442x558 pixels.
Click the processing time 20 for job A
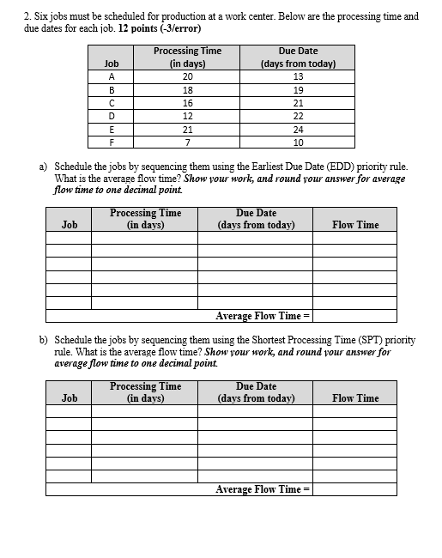pyautogui.click(x=187, y=76)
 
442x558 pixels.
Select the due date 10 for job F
pyautogui.click(x=298, y=142)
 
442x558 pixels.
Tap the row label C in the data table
pyautogui.click(x=110, y=102)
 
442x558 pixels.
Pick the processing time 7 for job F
pyautogui.click(x=187, y=142)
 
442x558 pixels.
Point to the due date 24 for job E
pyautogui.click(x=298, y=129)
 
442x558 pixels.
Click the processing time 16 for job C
pyautogui.click(x=187, y=102)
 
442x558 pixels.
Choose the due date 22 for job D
pyautogui.click(x=298, y=116)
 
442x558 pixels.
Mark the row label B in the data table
pyautogui.click(x=110, y=89)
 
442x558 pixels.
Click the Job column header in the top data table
pyautogui.click(x=111, y=64)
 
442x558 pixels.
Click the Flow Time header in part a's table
pyautogui.click(x=354, y=225)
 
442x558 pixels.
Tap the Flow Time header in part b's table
pyautogui.click(x=354, y=398)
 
